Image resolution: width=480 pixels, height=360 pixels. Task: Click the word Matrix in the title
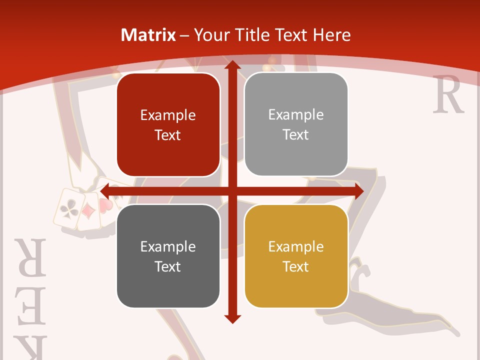coord(148,35)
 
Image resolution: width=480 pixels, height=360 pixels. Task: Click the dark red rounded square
coord(168,124)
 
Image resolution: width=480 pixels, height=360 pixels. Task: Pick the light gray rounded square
coord(296,124)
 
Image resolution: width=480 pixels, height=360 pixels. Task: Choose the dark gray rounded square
coord(168,256)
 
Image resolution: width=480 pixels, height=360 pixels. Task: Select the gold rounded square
coord(296,256)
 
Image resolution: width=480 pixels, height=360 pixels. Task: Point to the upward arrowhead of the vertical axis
coord(231,66)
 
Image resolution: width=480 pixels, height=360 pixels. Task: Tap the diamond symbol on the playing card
coord(89,211)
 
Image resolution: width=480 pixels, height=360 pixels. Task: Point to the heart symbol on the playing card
coord(104,205)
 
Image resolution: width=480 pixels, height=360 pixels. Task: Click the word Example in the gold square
coord(296,246)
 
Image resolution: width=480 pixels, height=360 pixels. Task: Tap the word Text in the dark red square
coord(167,135)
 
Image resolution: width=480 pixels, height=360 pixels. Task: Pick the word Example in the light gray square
coord(296,114)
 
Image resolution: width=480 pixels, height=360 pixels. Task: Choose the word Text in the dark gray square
coord(167,266)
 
